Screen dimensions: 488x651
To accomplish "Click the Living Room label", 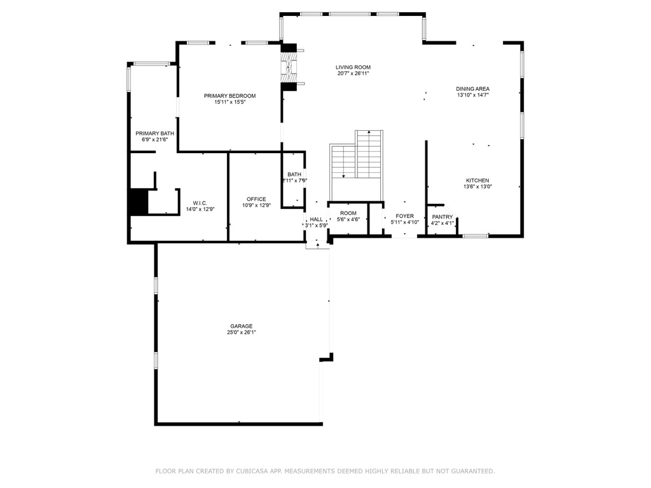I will [x=353, y=67].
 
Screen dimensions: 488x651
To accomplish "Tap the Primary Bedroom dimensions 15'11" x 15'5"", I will [x=230, y=102].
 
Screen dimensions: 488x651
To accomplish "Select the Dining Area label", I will [x=472, y=89].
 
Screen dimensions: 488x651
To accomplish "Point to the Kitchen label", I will [x=477, y=180].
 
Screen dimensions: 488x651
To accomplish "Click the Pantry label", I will [x=442, y=217].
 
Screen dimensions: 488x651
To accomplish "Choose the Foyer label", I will [x=404, y=216].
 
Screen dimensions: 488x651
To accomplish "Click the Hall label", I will [x=316, y=219].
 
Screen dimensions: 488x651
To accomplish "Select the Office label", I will [x=256, y=199].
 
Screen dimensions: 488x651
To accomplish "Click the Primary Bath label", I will [x=154, y=133].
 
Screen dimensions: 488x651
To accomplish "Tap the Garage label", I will [x=242, y=326].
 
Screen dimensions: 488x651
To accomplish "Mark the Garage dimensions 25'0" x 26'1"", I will [x=242, y=332].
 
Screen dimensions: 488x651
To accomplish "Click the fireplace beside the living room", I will [x=289, y=64].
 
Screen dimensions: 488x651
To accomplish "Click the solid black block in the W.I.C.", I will [x=138, y=202].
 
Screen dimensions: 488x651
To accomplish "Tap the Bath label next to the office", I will [x=294, y=175].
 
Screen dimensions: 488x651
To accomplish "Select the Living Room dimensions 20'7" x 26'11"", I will [x=353, y=74].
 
